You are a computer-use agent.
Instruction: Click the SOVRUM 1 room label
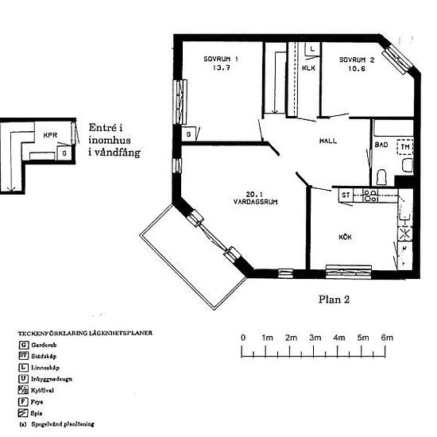point(220,59)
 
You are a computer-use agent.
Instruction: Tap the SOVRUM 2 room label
point(358,59)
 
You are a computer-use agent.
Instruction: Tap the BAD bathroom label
point(381,145)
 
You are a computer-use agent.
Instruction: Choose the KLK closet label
point(309,68)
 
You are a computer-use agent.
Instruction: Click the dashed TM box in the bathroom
point(405,147)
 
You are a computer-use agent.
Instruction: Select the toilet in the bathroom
point(382,176)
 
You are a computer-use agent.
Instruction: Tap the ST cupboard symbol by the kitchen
point(346,194)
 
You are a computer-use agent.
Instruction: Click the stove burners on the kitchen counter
point(369,195)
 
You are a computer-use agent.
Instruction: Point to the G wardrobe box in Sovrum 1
point(188,134)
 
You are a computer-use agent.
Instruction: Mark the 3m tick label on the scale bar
point(315,338)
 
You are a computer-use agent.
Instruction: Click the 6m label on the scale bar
point(387,338)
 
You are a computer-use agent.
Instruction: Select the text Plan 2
point(333,300)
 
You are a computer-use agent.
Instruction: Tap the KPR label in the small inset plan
point(51,135)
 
